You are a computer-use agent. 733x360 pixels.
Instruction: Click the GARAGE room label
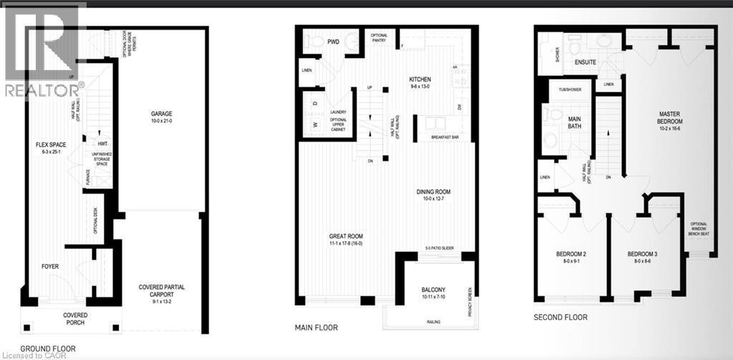point(161,113)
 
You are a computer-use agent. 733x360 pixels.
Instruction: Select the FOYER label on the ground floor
point(49,267)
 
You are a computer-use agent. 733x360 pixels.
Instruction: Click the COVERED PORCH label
point(74,318)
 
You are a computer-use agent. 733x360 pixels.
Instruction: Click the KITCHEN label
point(420,79)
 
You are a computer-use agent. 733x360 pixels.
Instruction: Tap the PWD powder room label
point(333,42)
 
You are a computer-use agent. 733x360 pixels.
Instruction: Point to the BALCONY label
point(435,290)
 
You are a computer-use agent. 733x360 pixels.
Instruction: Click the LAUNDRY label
point(339,112)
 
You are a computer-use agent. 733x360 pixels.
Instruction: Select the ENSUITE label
point(585,62)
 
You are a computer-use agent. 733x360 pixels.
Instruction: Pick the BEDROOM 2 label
point(571,255)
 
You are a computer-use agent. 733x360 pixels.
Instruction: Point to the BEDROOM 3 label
point(641,255)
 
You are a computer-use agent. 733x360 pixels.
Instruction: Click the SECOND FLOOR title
point(560,317)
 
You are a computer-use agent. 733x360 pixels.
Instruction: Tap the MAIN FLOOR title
point(316,327)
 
